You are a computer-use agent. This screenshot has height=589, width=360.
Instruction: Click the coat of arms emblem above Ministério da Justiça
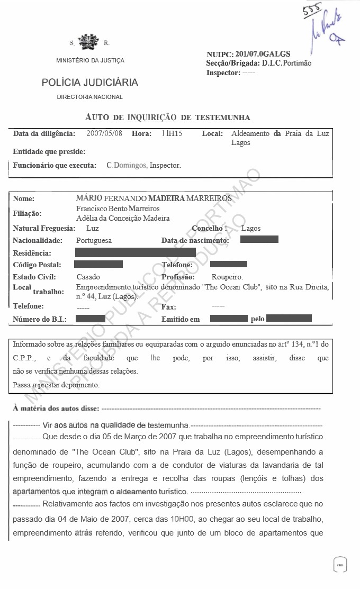coord(88,42)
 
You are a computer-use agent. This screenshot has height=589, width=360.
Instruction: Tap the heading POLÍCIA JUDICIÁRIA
coord(90,83)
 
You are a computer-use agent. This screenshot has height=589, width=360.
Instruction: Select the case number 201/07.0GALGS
coord(263,54)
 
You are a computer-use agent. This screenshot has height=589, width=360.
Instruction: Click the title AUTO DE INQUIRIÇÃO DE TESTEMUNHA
coord(167,117)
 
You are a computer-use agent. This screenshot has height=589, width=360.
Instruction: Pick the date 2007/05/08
coord(104,134)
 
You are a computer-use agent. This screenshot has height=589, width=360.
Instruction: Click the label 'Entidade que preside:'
coord(49,151)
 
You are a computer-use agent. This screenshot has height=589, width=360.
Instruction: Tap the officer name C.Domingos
coord(126,165)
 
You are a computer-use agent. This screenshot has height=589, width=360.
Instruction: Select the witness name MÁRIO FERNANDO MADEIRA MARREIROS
coord(154,198)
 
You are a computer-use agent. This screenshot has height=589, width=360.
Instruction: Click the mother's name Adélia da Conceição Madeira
coord(123,218)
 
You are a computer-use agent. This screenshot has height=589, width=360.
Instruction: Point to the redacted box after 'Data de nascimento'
coord(259,240)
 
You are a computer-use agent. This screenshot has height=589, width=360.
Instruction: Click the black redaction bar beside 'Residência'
coord(136,252)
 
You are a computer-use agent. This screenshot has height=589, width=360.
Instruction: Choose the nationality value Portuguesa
coord(94,240)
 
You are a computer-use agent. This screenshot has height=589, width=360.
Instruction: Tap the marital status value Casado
coord(88,277)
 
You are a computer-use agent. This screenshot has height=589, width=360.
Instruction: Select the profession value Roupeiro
coord(227,277)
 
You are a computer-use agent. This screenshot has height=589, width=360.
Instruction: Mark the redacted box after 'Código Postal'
coord(98,264)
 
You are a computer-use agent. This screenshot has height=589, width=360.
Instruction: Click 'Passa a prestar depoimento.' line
coord(56,385)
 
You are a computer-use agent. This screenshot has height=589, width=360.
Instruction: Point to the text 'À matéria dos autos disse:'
coord(55,409)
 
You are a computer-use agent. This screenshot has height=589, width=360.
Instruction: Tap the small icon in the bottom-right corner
coord(340,565)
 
